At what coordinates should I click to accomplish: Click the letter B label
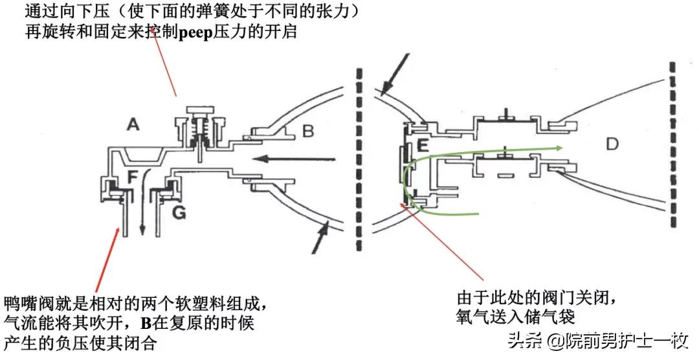(308, 132)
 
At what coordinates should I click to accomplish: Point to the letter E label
(423, 145)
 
